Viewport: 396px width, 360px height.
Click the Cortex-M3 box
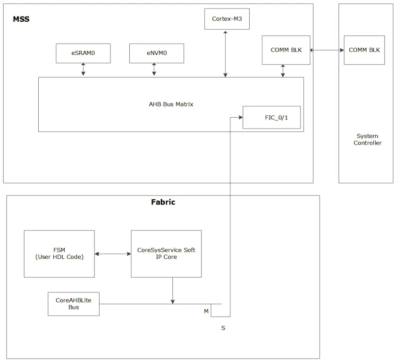click(227, 19)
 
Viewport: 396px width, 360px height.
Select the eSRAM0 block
click(83, 53)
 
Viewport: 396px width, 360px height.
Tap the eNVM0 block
click(156, 53)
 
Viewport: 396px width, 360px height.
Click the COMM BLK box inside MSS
click(286, 50)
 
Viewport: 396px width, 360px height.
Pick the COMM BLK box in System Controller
click(364, 50)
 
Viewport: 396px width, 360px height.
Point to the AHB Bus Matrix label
click(171, 104)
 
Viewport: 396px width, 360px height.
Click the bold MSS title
click(21, 19)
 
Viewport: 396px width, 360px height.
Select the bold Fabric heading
click(163, 202)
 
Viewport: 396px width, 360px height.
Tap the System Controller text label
click(367, 139)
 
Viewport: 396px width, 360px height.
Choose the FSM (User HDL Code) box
click(59, 254)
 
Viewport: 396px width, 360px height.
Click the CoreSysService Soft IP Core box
click(166, 254)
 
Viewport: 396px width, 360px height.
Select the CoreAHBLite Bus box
click(73, 304)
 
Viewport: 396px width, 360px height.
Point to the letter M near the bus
click(206, 311)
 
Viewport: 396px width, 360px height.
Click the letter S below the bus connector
click(223, 328)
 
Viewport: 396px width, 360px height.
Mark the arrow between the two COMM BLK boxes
click(327, 50)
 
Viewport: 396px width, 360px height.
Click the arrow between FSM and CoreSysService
click(112, 254)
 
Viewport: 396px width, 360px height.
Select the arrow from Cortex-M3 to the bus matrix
click(226, 53)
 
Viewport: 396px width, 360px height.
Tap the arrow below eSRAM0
click(83, 69)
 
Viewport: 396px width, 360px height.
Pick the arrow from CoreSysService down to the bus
click(172, 290)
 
